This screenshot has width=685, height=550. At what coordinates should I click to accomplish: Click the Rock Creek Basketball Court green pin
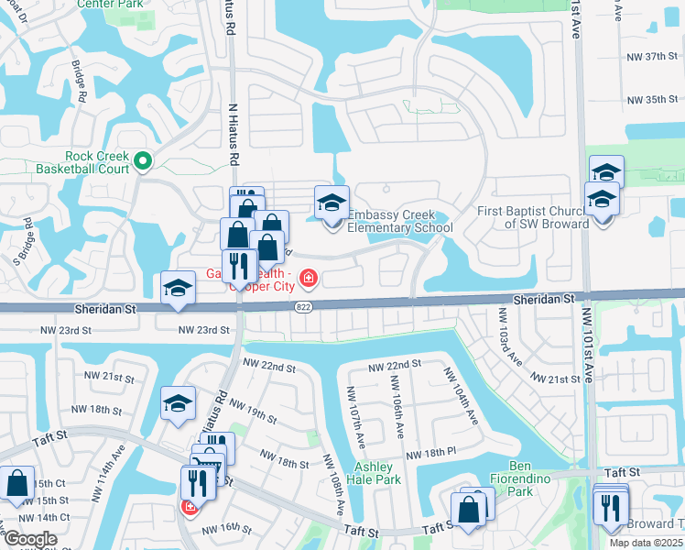[142, 162]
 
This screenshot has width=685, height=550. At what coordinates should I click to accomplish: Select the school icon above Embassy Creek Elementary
[332, 203]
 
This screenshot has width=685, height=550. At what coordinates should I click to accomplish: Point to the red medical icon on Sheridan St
[309, 277]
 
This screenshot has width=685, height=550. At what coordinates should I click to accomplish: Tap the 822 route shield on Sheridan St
[302, 309]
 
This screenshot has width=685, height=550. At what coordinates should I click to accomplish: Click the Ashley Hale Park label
[377, 473]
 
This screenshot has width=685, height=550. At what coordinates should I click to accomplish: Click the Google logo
[30, 539]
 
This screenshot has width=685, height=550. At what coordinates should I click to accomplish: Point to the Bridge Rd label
[80, 82]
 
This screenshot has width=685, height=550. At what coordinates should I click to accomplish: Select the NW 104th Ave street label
[462, 395]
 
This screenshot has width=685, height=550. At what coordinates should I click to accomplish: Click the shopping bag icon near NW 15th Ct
[17, 485]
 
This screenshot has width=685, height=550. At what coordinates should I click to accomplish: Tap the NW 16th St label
[226, 528]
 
